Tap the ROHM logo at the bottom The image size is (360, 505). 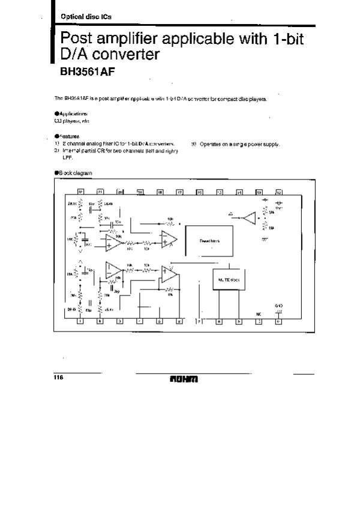click(x=184, y=380)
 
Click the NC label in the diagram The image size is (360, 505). click(x=259, y=313)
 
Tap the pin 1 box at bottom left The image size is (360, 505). click(x=80, y=321)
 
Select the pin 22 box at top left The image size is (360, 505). click(x=80, y=192)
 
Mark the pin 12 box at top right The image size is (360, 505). click(x=279, y=192)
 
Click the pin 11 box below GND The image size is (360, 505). click(x=278, y=321)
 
